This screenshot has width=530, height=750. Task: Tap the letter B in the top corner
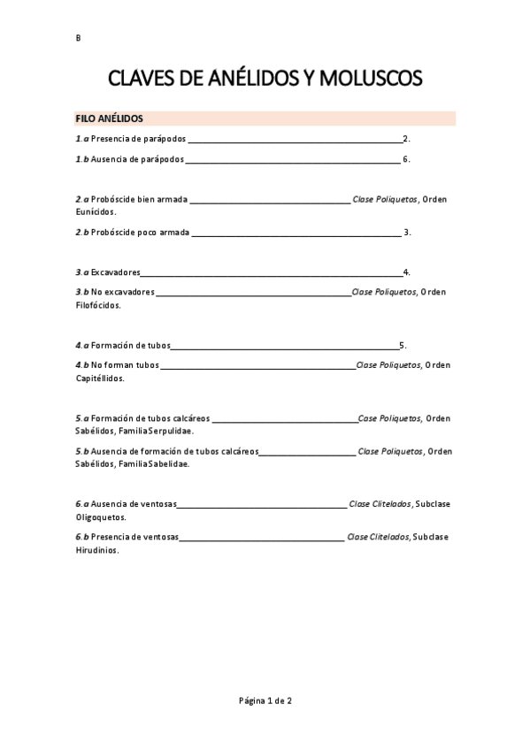click(78, 38)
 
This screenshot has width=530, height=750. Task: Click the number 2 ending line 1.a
click(405, 139)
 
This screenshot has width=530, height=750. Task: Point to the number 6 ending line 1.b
click(405, 159)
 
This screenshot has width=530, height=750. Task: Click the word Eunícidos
click(96, 212)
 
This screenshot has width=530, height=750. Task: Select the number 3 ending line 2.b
click(406, 233)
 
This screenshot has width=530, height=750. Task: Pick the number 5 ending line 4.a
click(402, 345)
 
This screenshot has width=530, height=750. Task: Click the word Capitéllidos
click(100, 378)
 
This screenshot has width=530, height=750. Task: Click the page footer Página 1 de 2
click(265, 700)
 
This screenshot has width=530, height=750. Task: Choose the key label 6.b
click(82, 537)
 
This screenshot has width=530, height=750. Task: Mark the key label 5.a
click(82, 418)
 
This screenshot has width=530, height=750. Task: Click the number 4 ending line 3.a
click(405, 272)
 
